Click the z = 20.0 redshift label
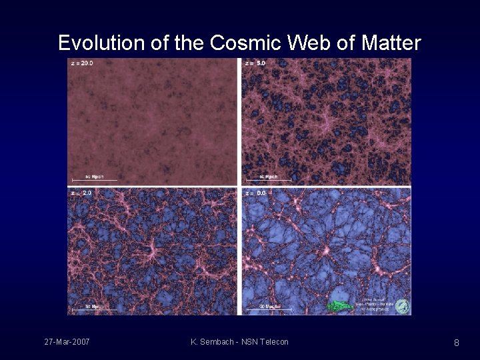point(82,63)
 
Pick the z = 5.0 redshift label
point(256,63)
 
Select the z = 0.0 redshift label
point(256,193)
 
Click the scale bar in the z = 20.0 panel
point(95,179)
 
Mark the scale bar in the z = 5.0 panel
point(269,179)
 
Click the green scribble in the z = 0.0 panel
point(341,305)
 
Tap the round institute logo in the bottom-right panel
point(402,306)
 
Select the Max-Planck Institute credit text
point(377,305)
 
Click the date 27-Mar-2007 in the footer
point(67,342)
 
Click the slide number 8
point(456,343)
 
